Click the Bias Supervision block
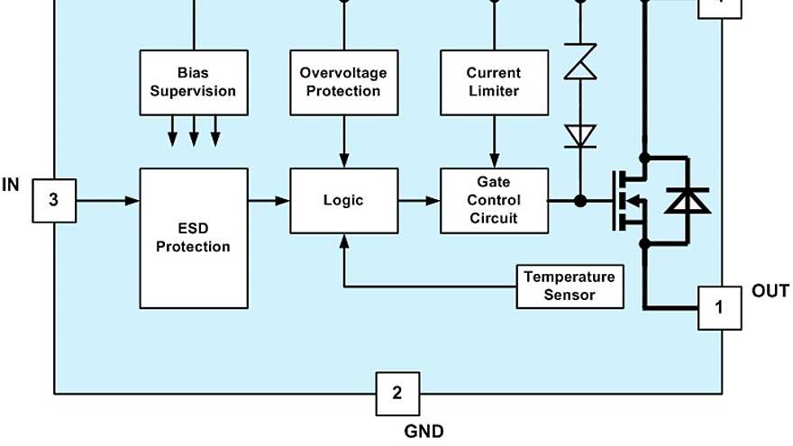pyautogui.click(x=193, y=82)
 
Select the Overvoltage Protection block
pyautogui.click(x=343, y=82)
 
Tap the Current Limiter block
pyautogui.click(x=493, y=82)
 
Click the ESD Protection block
pyautogui.click(x=193, y=237)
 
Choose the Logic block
pyautogui.click(x=343, y=200)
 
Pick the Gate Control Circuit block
pyautogui.click(x=493, y=200)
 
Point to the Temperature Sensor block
pyautogui.click(x=570, y=286)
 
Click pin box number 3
pyautogui.click(x=54, y=200)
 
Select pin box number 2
pyautogui.click(x=397, y=393)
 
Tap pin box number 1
pyautogui.click(x=719, y=307)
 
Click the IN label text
pyautogui.click(x=11, y=185)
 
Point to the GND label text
pyautogui.click(x=423, y=431)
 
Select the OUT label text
pyautogui.click(x=770, y=291)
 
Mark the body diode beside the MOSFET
pyautogui.click(x=687, y=200)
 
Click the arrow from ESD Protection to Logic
pyautogui.click(x=269, y=200)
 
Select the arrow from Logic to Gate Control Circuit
pyautogui.click(x=418, y=200)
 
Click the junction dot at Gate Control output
pyautogui.click(x=580, y=200)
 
